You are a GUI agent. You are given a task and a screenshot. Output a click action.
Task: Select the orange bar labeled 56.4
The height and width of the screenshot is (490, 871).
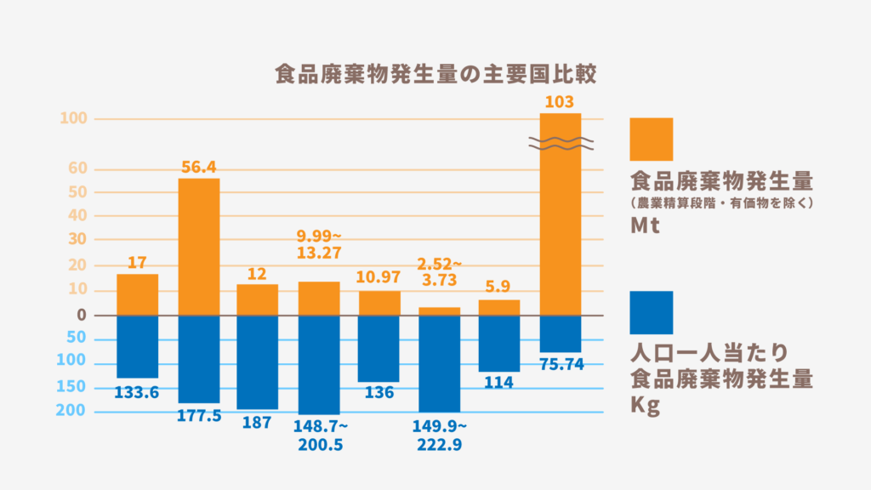[198, 247]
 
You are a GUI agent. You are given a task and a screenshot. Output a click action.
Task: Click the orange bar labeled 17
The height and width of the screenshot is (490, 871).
[138, 294]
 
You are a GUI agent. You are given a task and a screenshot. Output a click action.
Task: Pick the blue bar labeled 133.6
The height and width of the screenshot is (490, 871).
[138, 346]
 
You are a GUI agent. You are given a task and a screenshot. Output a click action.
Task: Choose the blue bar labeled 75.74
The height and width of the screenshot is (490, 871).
[561, 333]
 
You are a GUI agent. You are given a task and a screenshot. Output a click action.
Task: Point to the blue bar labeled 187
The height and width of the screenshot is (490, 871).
[258, 362]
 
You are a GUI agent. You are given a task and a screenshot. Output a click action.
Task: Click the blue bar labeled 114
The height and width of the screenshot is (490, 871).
[499, 344]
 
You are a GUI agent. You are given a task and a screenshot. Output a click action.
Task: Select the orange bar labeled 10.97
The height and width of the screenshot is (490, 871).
[379, 303]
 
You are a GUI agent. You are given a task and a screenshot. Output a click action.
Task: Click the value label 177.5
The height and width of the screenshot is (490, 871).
[198, 415]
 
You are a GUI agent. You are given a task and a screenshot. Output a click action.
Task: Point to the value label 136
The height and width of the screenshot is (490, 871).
[379, 393]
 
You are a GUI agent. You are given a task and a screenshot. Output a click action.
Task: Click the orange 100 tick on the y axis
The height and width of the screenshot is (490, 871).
[74, 118]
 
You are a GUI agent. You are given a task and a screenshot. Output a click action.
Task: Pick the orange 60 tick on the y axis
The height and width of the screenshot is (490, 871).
[77, 168]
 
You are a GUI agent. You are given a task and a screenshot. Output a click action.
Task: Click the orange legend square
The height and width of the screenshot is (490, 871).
[651, 140]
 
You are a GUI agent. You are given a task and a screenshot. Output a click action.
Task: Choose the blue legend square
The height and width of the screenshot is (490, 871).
[651, 312]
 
